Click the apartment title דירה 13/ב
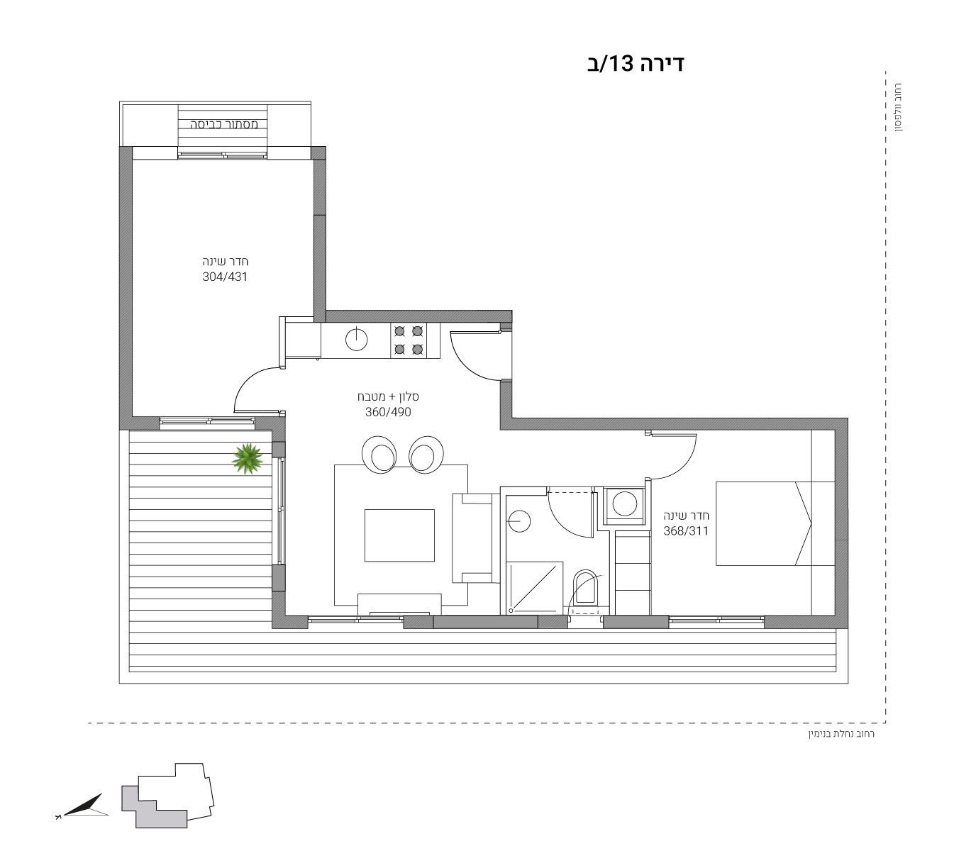click(635, 63)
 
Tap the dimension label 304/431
click(225, 277)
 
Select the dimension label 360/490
click(388, 411)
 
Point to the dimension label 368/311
click(685, 531)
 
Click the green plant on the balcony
click(248, 459)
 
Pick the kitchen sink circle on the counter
click(356, 340)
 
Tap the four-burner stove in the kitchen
click(409, 340)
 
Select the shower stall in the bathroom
click(536, 588)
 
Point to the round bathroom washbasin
click(519, 521)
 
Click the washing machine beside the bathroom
click(624, 506)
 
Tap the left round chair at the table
click(379, 455)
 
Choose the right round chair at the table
click(426, 455)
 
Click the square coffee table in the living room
click(399, 535)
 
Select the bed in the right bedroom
click(775, 523)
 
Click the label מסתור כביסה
click(224, 125)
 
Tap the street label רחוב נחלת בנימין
click(841, 733)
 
